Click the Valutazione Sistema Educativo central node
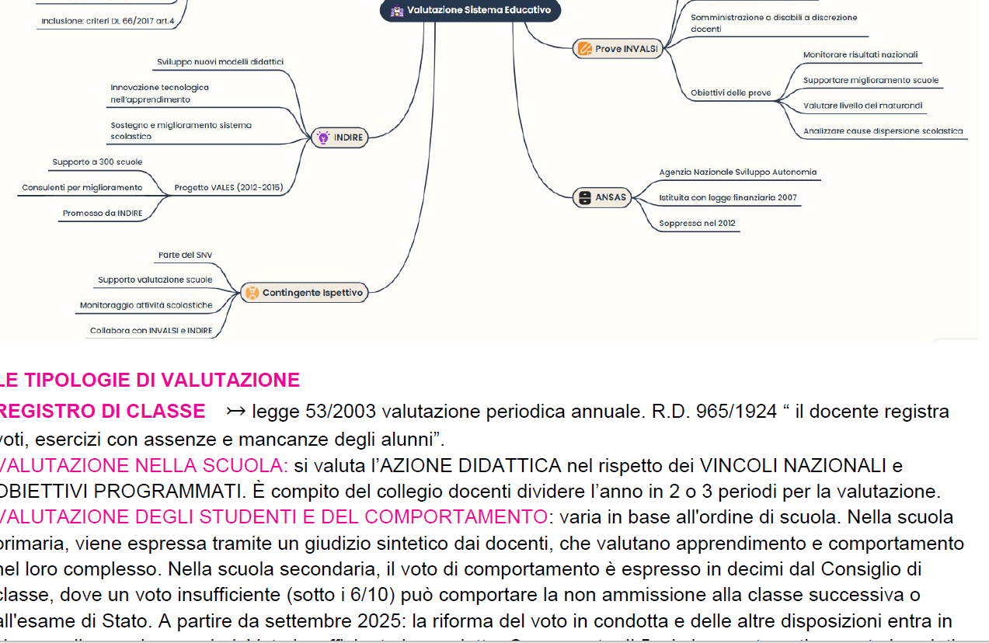point(471,11)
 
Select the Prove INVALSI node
point(618,49)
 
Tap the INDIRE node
point(340,137)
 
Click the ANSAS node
point(602,197)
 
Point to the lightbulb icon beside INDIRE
point(323,137)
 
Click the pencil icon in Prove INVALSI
point(584,49)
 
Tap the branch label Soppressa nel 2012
point(697,224)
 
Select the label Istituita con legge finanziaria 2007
point(727,198)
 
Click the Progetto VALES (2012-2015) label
point(228,187)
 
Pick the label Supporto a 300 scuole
point(97,162)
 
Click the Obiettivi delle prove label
point(730,93)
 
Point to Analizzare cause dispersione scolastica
point(883,131)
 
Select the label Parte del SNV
point(185,255)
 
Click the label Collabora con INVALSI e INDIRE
point(151,330)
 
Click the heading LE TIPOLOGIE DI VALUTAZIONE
point(150,381)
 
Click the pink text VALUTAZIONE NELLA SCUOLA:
point(145,466)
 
